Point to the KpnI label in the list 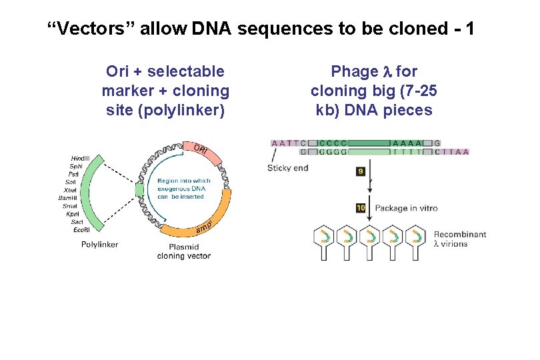[87, 213]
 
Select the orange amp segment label [204, 228]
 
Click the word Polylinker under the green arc [99, 245]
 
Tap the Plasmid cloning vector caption [184, 251]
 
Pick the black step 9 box [361, 171]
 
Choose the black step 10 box [361, 208]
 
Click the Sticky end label [287, 168]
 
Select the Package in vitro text [406, 208]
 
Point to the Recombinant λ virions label [460, 239]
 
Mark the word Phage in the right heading [354, 71]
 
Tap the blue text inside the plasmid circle [184, 189]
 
